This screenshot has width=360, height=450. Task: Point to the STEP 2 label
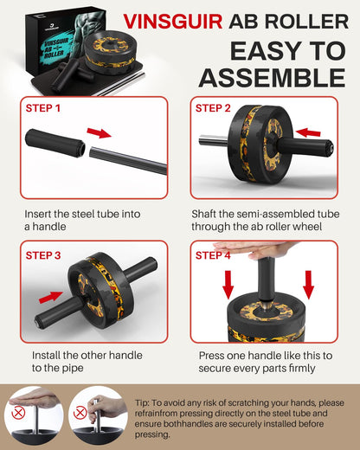coord(214,109)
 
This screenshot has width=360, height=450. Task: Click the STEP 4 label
coord(214,256)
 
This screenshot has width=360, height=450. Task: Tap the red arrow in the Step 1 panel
coord(99,133)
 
